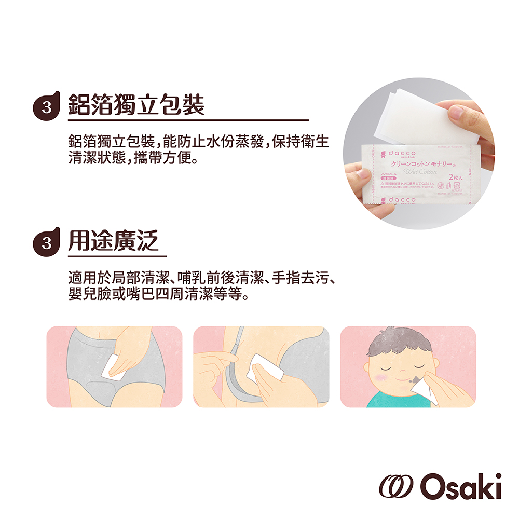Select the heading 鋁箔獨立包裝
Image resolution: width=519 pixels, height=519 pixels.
[136, 104]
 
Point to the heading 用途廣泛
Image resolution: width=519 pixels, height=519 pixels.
[114, 239]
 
